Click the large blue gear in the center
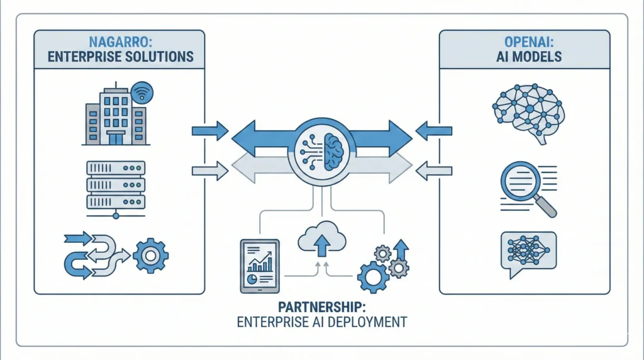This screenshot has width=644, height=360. pyautogui.click(x=370, y=276)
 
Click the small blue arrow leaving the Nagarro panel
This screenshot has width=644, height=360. pyautogui.click(x=209, y=131)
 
